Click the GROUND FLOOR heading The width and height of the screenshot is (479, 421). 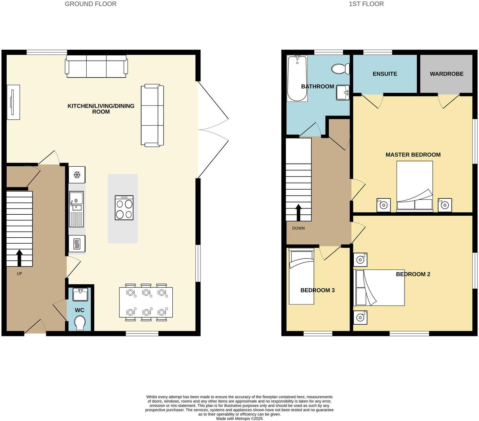click(x=91, y=4)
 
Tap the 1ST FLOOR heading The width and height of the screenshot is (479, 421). click(x=366, y=4)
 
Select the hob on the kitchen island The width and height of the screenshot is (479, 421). click(x=124, y=208)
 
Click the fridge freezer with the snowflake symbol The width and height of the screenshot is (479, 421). click(x=77, y=175)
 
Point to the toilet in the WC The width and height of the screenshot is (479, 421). click(x=80, y=323)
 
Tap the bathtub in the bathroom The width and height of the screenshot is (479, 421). click(x=297, y=78)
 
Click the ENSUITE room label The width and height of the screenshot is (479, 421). click(x=385, y=74)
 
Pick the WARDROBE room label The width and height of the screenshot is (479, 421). click(x=446, y=74)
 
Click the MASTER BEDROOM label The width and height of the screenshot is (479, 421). click(x=413, y=155)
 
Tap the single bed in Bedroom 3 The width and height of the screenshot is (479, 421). click(x=301, y=277)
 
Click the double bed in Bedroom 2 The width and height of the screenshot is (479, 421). click(x=379, y=288)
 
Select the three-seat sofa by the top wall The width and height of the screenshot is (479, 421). click(x=96, y=66)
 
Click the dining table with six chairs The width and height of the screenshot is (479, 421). click(x=146, y=302)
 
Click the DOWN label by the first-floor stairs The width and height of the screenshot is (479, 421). click(x=298, y=228)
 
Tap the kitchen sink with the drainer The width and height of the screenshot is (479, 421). click(x=77, y=208)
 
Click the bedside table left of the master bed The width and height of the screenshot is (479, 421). click(x=383, y=205)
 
